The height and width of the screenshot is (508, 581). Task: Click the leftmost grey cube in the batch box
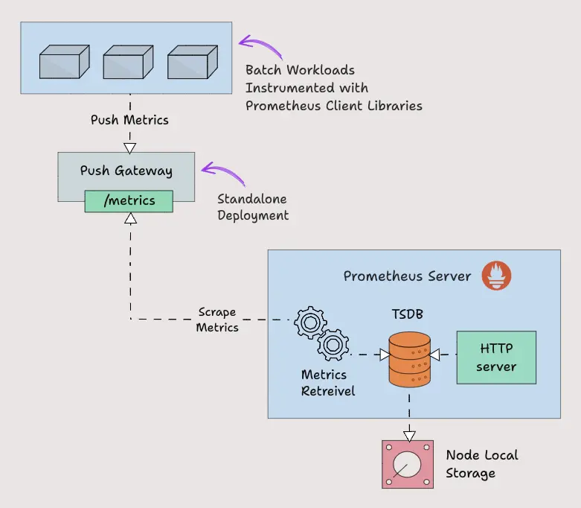63,62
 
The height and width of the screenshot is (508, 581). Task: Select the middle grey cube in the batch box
127,62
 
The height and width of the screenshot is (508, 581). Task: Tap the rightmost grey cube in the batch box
191,62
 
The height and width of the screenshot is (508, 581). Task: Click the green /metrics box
129,200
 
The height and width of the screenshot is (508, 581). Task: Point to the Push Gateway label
126,171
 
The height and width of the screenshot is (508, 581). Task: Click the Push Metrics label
129,120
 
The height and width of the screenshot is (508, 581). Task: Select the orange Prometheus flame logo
496,276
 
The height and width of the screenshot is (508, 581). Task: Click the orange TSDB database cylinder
409,360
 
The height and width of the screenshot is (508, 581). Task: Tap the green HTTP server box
496,358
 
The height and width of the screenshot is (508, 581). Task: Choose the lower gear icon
333,345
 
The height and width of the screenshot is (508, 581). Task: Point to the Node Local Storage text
481,464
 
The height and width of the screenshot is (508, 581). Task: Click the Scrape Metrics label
217,320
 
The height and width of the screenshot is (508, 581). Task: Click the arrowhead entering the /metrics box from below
130,218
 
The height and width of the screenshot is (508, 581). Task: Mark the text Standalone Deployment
252,208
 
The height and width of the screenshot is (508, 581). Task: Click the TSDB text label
408,314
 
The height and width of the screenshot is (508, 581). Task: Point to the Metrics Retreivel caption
327,383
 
